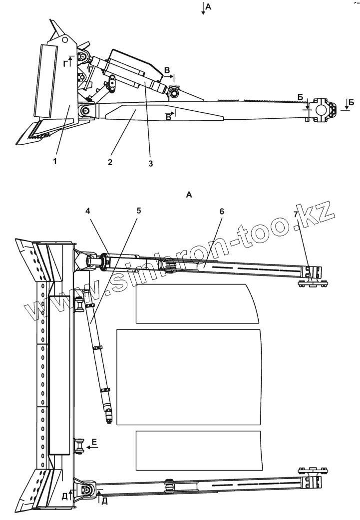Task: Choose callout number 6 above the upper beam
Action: (222, 211)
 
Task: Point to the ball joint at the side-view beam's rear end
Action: (321, 109)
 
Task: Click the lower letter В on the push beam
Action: (168, 118)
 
